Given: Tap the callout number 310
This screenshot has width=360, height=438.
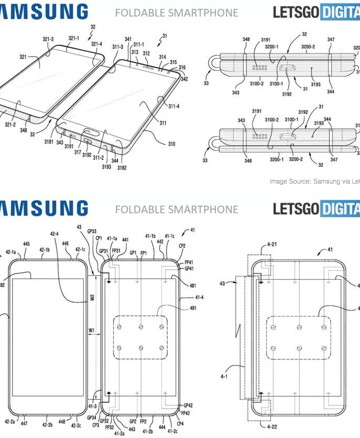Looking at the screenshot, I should point(171,144).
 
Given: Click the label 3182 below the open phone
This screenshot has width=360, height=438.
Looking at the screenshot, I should point(122,167).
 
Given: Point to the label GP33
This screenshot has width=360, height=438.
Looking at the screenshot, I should point(92,231).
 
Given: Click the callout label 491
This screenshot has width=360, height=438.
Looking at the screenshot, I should point(193,308).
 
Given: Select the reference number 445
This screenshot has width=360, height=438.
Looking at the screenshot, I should point(27,244).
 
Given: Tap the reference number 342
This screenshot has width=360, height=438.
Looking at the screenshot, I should point(184,80).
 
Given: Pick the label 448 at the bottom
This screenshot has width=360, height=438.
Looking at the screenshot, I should point(62,421).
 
